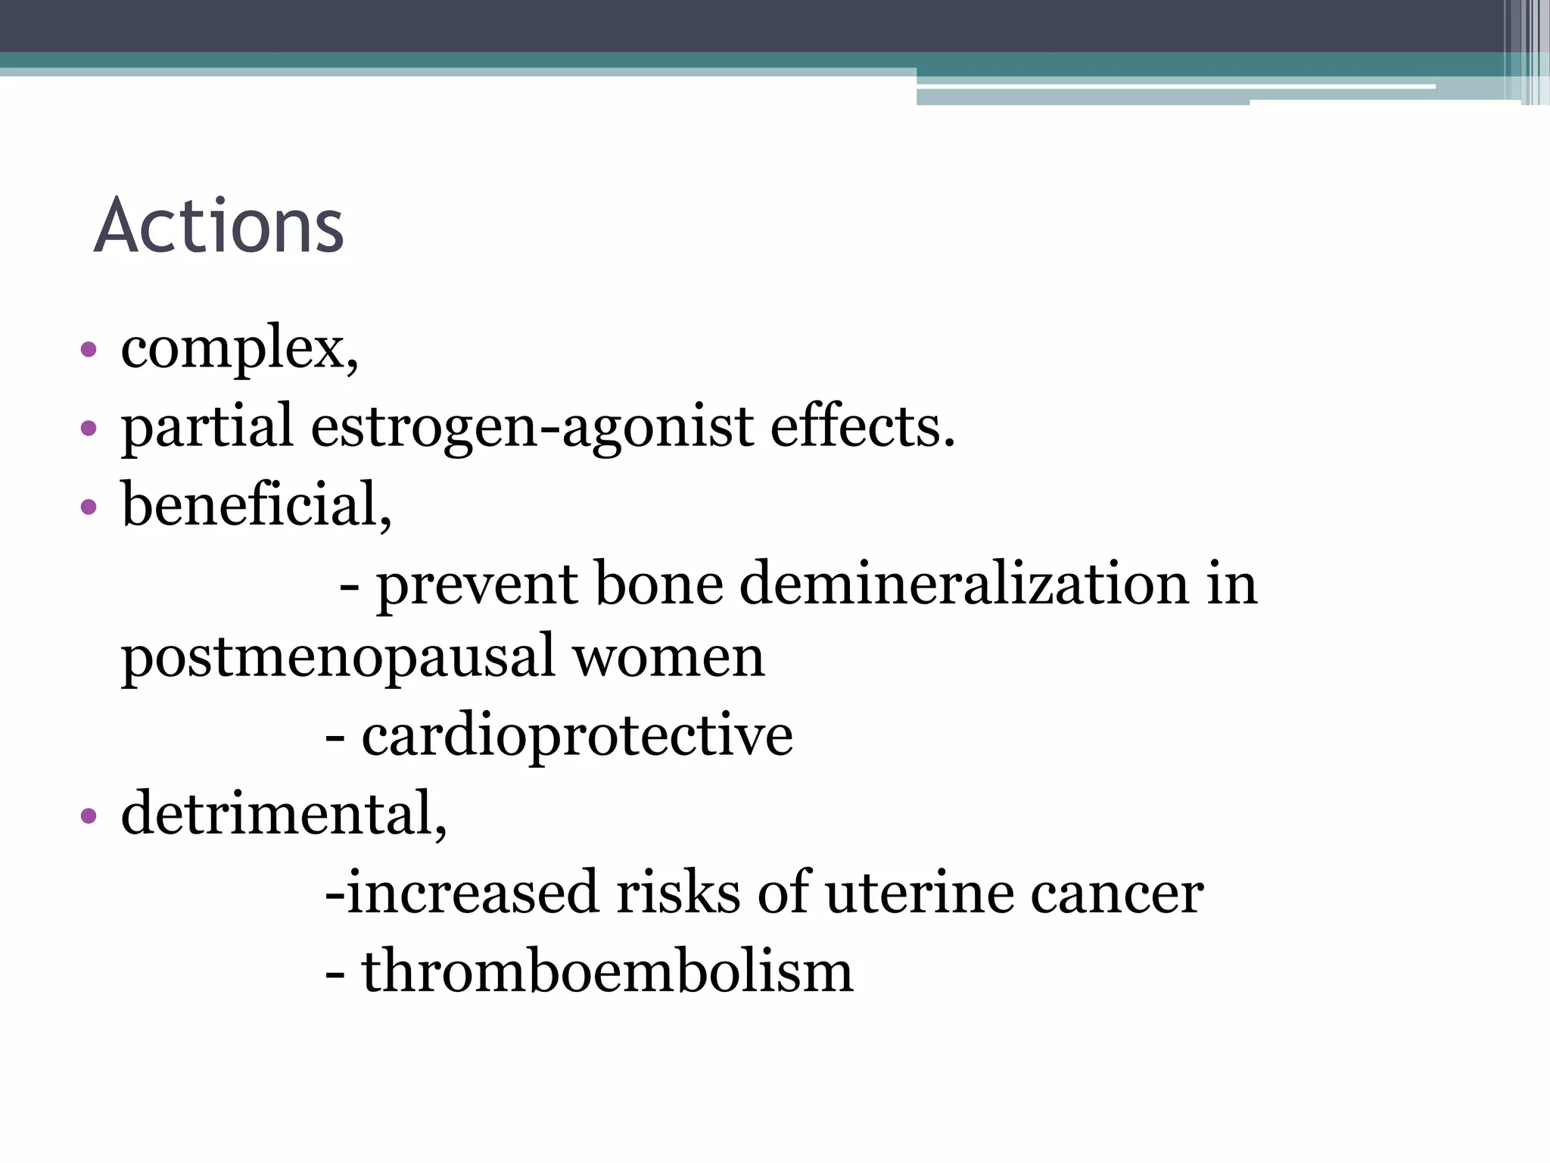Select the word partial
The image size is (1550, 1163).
pos(207,427)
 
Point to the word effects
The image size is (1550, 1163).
pos(862,427)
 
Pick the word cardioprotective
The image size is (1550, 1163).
pos(577,735)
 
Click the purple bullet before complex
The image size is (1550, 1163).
pos(89,350)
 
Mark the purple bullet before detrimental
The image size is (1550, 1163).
pos(89,815)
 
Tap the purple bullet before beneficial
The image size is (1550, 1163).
pos(89,506)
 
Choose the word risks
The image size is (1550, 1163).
pos(678,893)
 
